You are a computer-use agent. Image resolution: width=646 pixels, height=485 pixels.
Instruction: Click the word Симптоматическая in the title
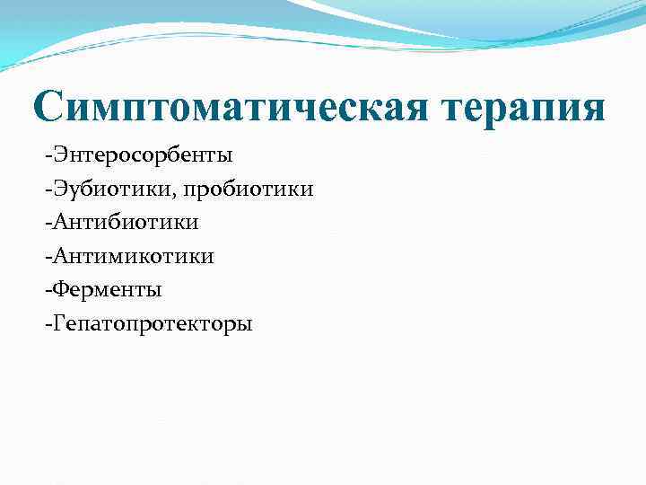[232, 109]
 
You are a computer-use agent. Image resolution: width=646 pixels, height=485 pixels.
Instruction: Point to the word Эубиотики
[99, 189]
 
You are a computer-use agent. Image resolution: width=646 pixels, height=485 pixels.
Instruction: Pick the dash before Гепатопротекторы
[44, 324]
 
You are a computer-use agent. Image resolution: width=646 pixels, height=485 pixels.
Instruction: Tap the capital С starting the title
[51, 107]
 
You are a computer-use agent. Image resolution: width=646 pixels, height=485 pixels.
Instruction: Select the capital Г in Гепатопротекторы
[55, 322]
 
